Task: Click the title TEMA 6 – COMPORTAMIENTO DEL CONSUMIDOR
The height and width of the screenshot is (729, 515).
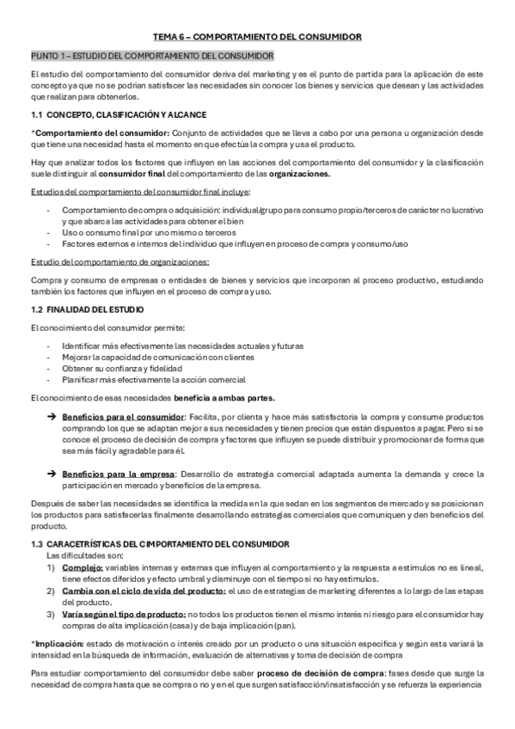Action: click(x=257, y=37)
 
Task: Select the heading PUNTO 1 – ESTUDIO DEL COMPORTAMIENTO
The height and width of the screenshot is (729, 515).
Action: click(x=151, y=56)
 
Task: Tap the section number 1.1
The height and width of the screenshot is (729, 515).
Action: click(x=36, y=114)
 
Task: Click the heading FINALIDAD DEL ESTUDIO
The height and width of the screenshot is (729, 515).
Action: click(x=95, y=309)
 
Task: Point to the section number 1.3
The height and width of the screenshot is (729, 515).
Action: click(x=36, y=544)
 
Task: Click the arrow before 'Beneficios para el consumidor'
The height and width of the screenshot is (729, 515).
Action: click(x=52, y=417)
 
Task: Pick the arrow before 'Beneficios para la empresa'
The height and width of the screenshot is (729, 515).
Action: click(x=52, y=474)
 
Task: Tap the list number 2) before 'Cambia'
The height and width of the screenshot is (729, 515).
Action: click(x=51, y=591)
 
